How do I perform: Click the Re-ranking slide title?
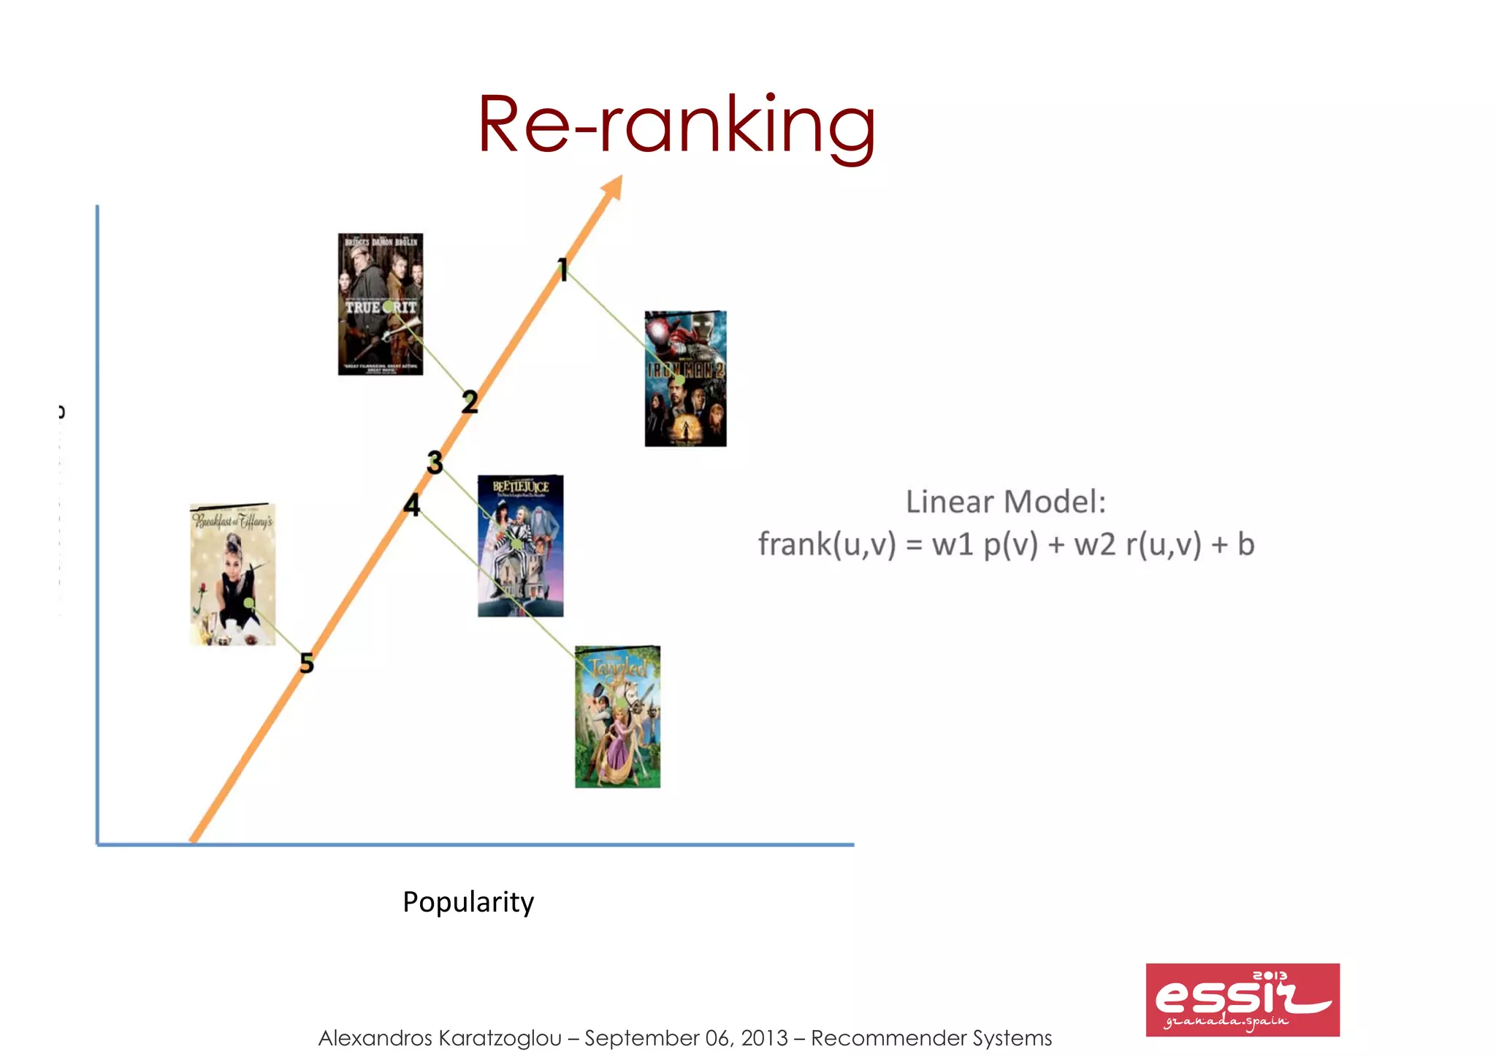[x=676, y=126]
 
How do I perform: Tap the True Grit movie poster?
[x=380, y=304]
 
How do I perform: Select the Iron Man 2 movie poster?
[x=685, y=378]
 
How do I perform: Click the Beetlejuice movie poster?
[x=520, y=546]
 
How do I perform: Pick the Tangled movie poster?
[x=617, y=717]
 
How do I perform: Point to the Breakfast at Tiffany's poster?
[x=232, y=574]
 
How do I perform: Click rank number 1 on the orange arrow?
[x=562, y=270]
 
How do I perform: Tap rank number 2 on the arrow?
[x=470, y=401]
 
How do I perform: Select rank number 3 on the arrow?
[x=435, y=462]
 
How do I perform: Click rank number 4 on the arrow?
[x=412, y=505]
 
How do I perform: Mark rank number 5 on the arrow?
[x=307, y=663]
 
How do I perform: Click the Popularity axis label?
[x=468, y=902]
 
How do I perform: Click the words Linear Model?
[x=1005, y=502]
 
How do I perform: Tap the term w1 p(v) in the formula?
[x=984, y=545]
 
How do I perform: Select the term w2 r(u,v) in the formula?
[x=1137, y=545]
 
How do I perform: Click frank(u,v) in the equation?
[x=826, y=545]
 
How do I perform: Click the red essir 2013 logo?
[x=1242, y=999]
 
